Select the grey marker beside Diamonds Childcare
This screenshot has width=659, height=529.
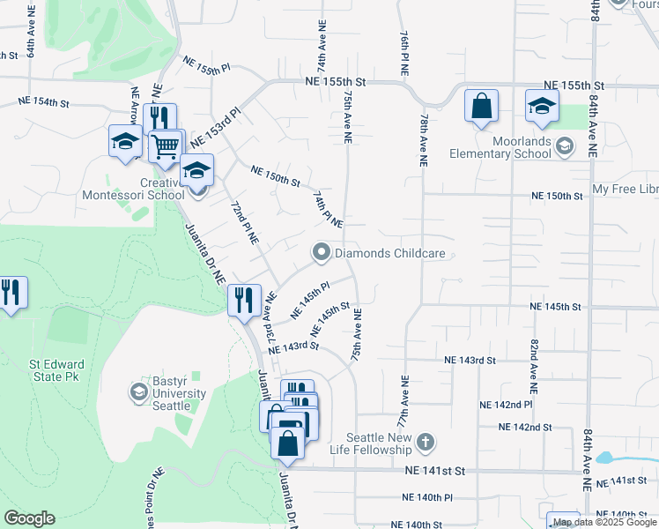click(322, 254)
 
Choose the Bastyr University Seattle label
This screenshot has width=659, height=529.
click(171, 394)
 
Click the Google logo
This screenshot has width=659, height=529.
click(29, 518)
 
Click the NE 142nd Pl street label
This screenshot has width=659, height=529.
click(506, 404)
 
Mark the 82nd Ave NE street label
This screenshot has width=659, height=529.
click(534, 364)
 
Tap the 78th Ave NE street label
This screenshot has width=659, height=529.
click(424, 140)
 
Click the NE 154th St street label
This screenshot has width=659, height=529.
click(44, 102)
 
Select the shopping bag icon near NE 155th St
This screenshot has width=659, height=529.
click(482, 106)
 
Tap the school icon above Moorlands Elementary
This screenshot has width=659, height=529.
click(542, 106)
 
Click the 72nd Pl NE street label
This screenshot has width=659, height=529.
click(244, 221)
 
